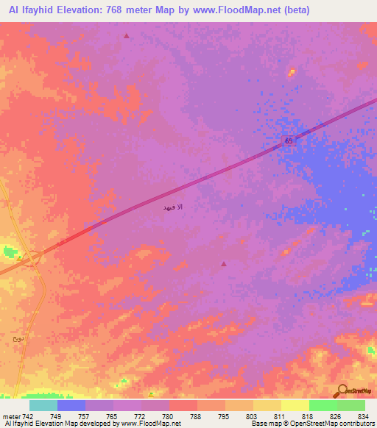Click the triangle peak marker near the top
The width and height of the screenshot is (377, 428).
click(127, 35)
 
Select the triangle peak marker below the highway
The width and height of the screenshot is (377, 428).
click(224, 263)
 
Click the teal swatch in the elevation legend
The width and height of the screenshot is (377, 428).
click(43, 405)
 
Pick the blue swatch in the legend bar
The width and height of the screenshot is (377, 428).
click(71, 405)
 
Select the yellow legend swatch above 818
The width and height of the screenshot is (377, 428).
click(295, 405)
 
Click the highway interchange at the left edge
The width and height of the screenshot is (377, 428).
click(33, 258)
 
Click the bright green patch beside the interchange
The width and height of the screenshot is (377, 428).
click(10, 252)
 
